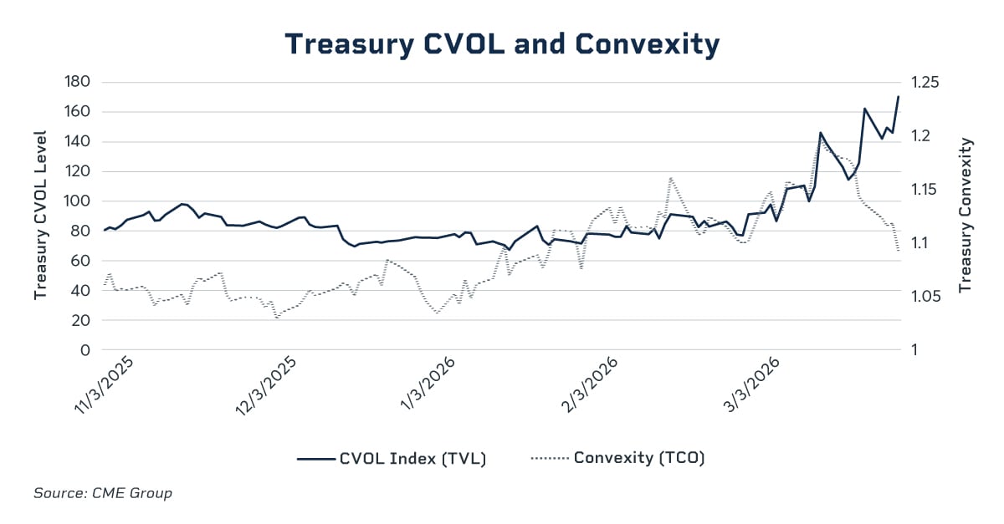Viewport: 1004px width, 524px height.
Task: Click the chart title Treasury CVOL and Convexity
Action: click(x=502, y=44)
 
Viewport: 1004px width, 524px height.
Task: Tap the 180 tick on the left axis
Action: click(x=77, y=82)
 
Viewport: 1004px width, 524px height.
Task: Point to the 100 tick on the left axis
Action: click(x=77, y=201)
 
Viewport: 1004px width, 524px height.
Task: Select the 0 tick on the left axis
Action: click(x=85, y=350)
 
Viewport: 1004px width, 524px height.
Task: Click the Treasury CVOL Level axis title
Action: click(x=39, y=216)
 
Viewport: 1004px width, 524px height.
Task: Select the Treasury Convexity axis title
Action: click(x=966, y=216)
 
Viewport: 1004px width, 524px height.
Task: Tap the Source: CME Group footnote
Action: click(x=103, y=493)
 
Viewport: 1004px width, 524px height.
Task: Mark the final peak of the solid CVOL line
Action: click(x=898, y=96)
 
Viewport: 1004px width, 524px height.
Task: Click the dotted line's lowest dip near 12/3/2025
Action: click(x=277, y=318)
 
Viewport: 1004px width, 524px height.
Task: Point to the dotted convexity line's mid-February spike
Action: click(x=670, y=178)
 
